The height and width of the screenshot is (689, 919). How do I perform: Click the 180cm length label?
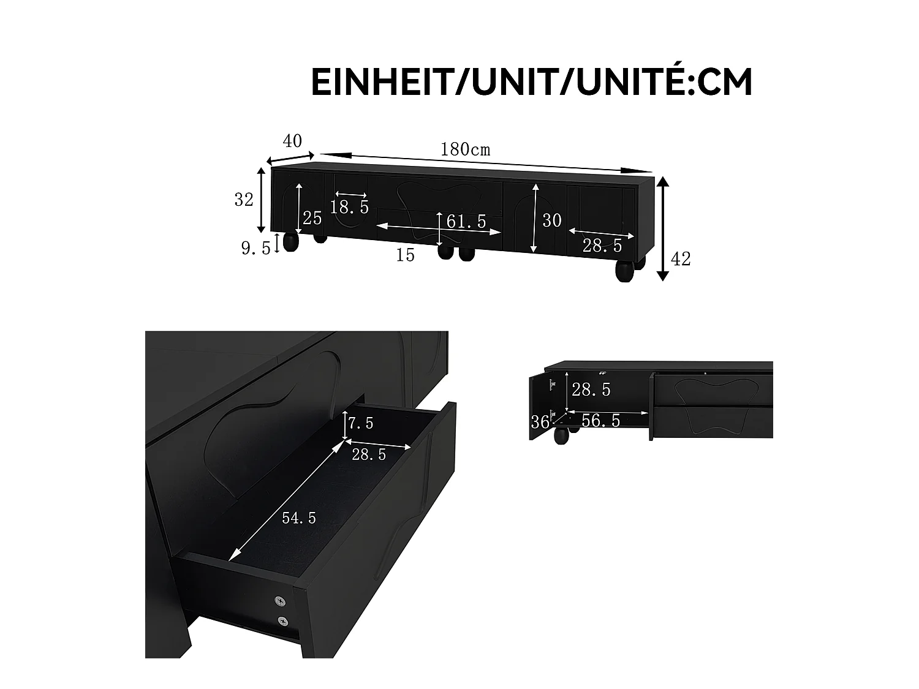(x=465, y=149)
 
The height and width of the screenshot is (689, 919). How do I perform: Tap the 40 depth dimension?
(x=292, y=141)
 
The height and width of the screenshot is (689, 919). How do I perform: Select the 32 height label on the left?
(x=244, y=200)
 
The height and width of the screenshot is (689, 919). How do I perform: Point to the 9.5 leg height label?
(x=255, y=248)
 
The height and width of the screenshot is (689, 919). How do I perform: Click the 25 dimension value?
(x=312, y=218)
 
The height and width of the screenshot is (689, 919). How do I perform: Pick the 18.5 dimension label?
(x=349, y=207)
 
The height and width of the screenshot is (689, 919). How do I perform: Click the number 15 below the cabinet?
(x=405, y=255)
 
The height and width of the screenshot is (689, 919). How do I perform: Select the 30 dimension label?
(x=551, y=220)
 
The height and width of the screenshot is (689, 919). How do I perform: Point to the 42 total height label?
(x=681, y=259)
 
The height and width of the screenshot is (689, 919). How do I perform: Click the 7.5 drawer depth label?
(x=361, y=423)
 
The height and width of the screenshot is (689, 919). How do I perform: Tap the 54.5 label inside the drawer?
(x=299, y=518)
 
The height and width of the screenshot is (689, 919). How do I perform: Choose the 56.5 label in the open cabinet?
(x=600, y=420)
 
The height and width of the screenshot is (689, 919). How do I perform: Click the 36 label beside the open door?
(x=540, y=422)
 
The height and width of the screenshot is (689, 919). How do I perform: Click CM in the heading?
(x=725, y=82)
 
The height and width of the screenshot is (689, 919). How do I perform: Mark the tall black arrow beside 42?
(x=662, y=228)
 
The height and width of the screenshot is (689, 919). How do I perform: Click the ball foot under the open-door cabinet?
(x=561, y=435)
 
